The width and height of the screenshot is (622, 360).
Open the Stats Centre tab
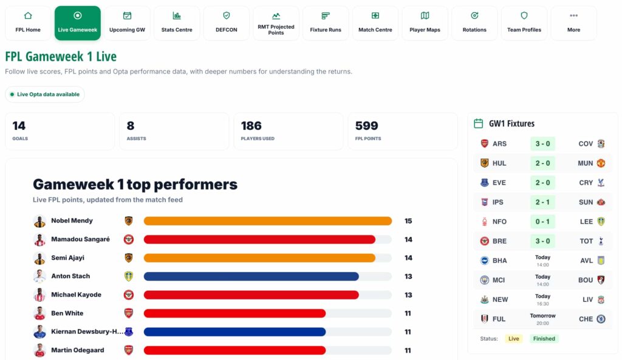click(x=177, y=23)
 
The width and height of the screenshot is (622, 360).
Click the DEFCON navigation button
click(x=226, y=23)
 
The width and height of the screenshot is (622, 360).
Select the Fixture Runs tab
click(x=326, y=23)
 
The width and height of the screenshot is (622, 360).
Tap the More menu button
click(x=573, y=23)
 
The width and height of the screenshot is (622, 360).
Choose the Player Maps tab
click(x=425, y=23)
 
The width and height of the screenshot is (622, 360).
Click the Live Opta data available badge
click(x=45, y=94)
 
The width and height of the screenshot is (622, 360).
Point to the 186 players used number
click(x=251, y=126)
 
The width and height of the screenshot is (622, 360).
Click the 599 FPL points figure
click(x=366, y=126)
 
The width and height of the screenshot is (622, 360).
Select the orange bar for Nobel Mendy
click(x=268, y=221)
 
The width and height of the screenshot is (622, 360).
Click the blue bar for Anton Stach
click(x=251, y=276)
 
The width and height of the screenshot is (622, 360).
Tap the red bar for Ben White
click(x=234, y=313)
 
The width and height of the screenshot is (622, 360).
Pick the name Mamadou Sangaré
click(x=81, y=239)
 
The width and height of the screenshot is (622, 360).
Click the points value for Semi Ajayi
click(x=408, y=258)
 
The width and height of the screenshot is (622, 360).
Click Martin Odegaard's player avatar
click(x=39, y=350)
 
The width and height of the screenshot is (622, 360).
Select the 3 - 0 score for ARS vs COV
click(x=542, y=143)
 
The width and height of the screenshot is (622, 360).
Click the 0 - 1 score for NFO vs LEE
click(x=542, y=221)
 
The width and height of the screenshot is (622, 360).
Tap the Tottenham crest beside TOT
click(x=601, y=241)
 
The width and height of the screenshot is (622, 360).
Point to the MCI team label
click(x=499, y=280)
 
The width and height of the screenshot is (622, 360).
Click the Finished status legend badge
click(x=544, y=339)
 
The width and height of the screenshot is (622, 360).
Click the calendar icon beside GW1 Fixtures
click(x=479, y=124)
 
